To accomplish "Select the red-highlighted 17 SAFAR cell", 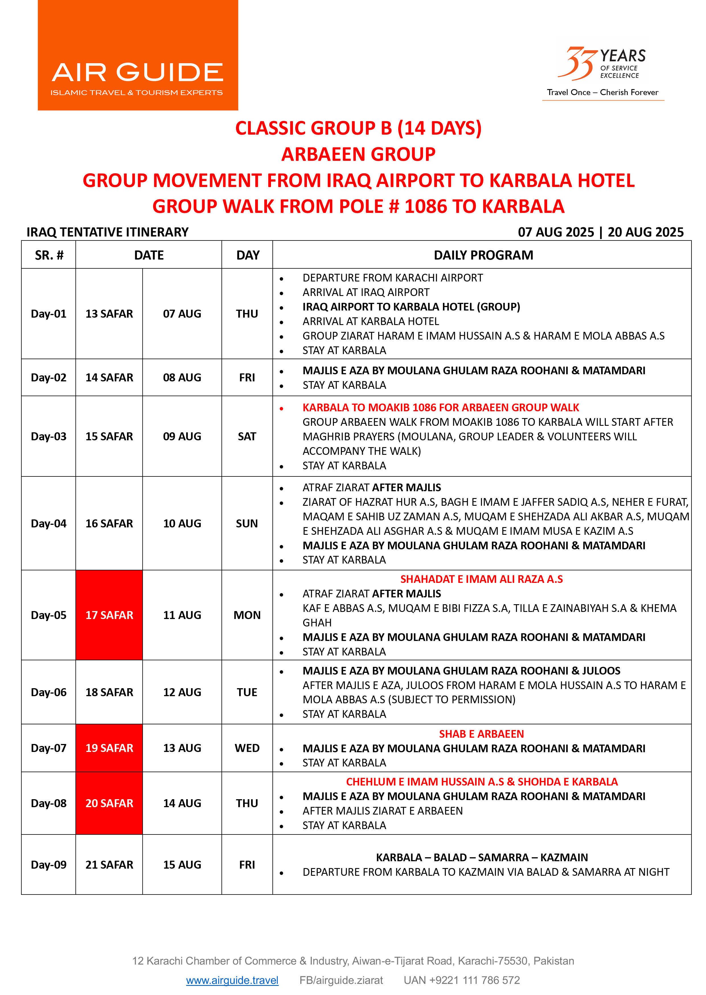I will pyautogui.click(x=109, y=615).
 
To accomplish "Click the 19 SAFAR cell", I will pyautogui.click(x=109, y=748).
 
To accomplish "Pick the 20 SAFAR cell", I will pyautogui.click(x=109, y=803).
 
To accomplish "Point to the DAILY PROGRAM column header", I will pyautogui.click(x=483, y=255).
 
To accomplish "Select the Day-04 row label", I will pyautogui.click(x=49, y=523).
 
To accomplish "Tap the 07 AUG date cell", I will pyautogui.click(x=182, y=314).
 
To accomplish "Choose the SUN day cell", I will pyautogui.click(x=247, y=523).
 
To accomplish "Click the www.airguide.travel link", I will pyautogui.click(x=232, y=980).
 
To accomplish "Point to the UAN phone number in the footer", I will pyautogui.click(x=462, y=980).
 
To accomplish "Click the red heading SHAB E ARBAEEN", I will pyautogui.click(x=481, y=734).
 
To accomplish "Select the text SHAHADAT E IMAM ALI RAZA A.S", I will pyautogui.click(x=481, y=579).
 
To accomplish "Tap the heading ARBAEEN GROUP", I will pyautogui.click(x=358, y=154).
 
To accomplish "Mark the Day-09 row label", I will pyautogui.click(x=49, y=865).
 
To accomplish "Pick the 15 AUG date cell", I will pyautogui.click(x=182, y=865).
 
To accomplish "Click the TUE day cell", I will pyautogui.click(x=247, y=692).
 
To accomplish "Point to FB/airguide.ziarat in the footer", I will pyautogui.click(x=341, y=980).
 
